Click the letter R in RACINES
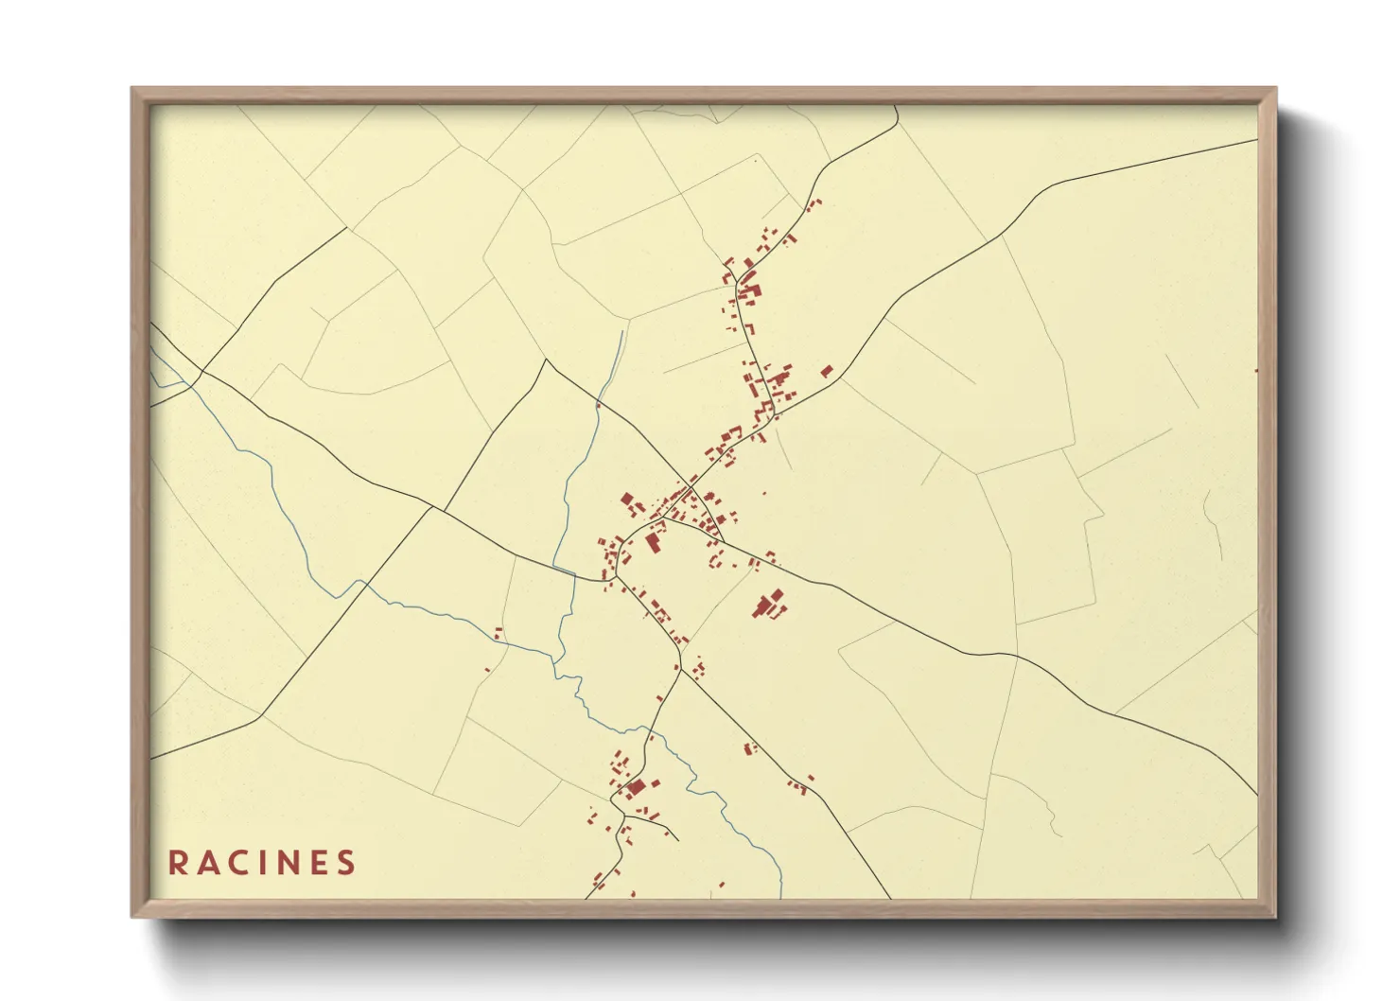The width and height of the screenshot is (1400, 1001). tap(176, 863)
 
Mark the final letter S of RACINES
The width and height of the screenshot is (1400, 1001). tap(347, 863)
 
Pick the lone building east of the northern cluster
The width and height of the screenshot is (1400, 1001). tap(826, 371)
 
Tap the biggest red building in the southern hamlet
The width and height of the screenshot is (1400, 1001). tap(635, 787)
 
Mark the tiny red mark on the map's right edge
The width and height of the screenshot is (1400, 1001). tap(1256, 370)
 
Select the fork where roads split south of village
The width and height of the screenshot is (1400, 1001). tap(680, 669)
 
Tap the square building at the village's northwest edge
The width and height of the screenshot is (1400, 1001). tap(625, 498)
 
